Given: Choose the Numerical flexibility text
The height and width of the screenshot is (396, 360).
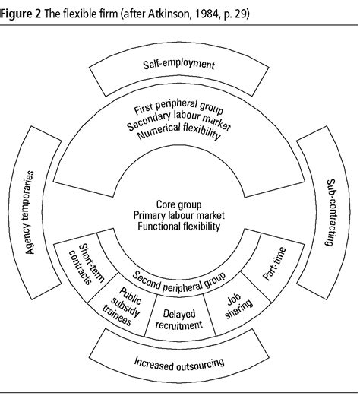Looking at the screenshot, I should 180,135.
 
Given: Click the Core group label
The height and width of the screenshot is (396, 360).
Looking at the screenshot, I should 180,204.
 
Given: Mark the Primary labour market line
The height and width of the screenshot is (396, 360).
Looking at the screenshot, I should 180,216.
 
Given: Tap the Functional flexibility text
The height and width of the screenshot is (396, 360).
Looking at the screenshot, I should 180,227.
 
